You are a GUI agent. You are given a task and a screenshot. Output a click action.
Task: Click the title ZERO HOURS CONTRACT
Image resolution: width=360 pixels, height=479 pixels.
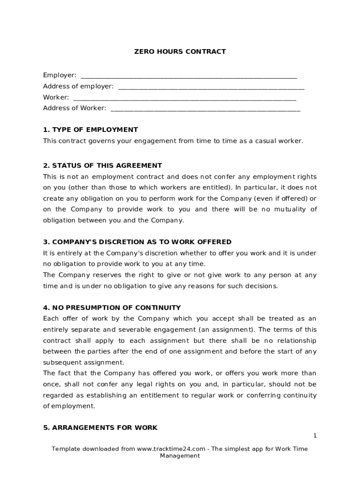tap(180, 51)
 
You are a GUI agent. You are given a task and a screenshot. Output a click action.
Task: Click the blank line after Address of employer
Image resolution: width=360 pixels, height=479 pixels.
tap(211, 87)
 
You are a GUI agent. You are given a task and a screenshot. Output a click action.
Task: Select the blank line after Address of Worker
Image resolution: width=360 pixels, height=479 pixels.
tap(205, 109)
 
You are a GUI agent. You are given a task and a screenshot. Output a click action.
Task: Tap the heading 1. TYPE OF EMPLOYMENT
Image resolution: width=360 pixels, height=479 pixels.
tap(90, 130)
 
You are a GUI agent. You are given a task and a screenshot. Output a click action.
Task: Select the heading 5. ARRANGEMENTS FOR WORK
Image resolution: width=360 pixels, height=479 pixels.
tap(100, 428)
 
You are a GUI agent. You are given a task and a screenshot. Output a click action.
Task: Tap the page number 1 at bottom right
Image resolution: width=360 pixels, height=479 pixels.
tap(315, 436)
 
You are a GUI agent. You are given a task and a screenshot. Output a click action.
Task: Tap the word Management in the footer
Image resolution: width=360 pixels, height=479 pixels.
tap(180, 456)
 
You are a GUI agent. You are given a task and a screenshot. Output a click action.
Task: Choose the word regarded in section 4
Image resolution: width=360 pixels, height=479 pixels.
tap(58, 395)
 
